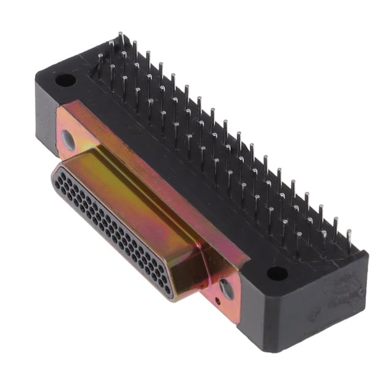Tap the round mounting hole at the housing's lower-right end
point(277,273)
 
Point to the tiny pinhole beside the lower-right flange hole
point(219,301)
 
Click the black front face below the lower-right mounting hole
point(269,318)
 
